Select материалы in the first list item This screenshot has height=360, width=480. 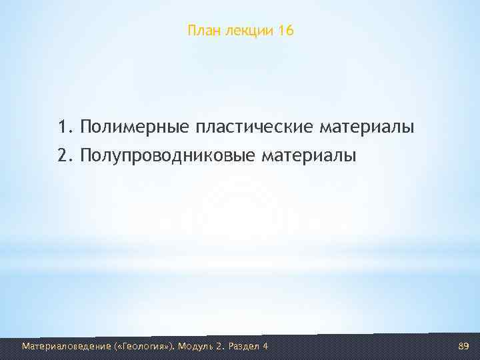pyautogui.click(x=367, y=127)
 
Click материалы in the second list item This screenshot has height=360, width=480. pyautogui.click(x=309, y=156)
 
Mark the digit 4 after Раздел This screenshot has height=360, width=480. pyautogui.click(x=266, y=346)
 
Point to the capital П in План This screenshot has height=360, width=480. pyautogui.click(x=192, y=31)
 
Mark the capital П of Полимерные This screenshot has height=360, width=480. pyautogui.click(x=86, y=126)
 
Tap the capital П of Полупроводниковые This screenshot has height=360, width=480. pyautogui.click(x=86, y=155)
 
